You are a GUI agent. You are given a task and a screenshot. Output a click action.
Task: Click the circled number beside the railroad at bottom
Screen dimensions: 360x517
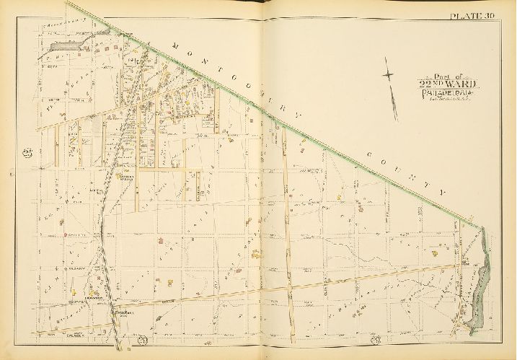(x=143, y=340)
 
